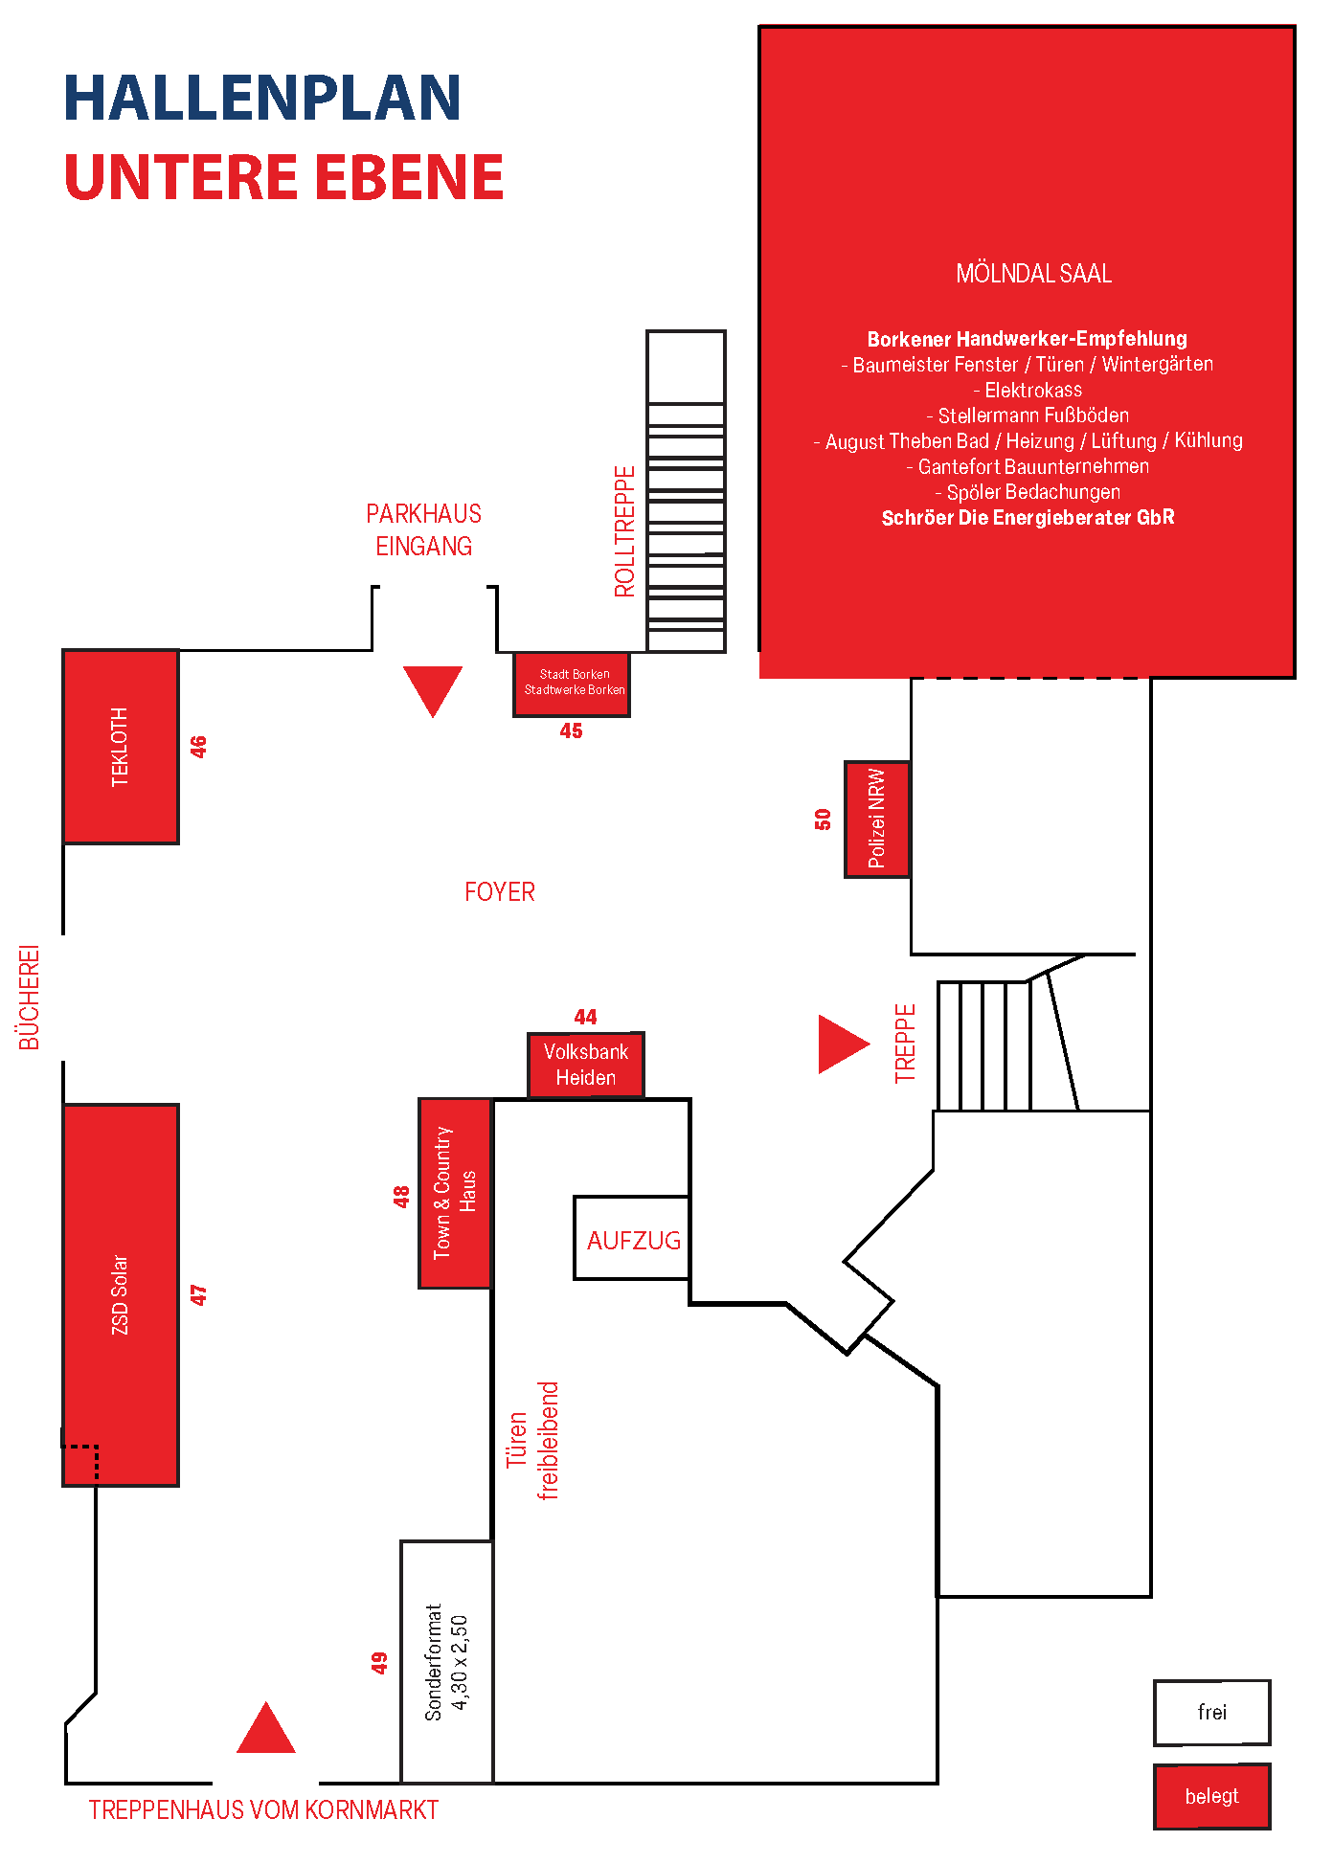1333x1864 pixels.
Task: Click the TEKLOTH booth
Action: (121, 747)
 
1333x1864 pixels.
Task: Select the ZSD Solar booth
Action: (121, 1294)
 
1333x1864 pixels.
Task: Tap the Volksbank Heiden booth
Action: (586, 1065)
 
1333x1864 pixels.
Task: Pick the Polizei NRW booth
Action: (877, 820)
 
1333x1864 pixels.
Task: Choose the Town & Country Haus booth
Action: (455, 1193)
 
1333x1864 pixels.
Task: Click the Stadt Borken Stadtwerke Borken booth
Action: (572, 684)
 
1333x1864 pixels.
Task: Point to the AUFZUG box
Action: (632, 1238)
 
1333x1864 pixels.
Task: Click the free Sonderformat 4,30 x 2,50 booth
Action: (447, 1662)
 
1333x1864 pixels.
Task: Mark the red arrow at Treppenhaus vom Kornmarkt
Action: (266, 1728)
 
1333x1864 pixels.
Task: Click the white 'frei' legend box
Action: (1212, 1713)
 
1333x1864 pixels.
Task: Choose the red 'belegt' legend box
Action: (1212, 1796)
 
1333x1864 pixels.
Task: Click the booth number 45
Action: (571, 731)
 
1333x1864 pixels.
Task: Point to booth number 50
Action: (823, 820)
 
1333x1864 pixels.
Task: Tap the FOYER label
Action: (500, 892)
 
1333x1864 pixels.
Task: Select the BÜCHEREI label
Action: (30, 998)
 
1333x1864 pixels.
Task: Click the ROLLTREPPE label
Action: (624, 531)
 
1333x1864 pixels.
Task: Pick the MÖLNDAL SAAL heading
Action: (1034, 274)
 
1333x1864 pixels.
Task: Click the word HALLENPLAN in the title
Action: (262, 98)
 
